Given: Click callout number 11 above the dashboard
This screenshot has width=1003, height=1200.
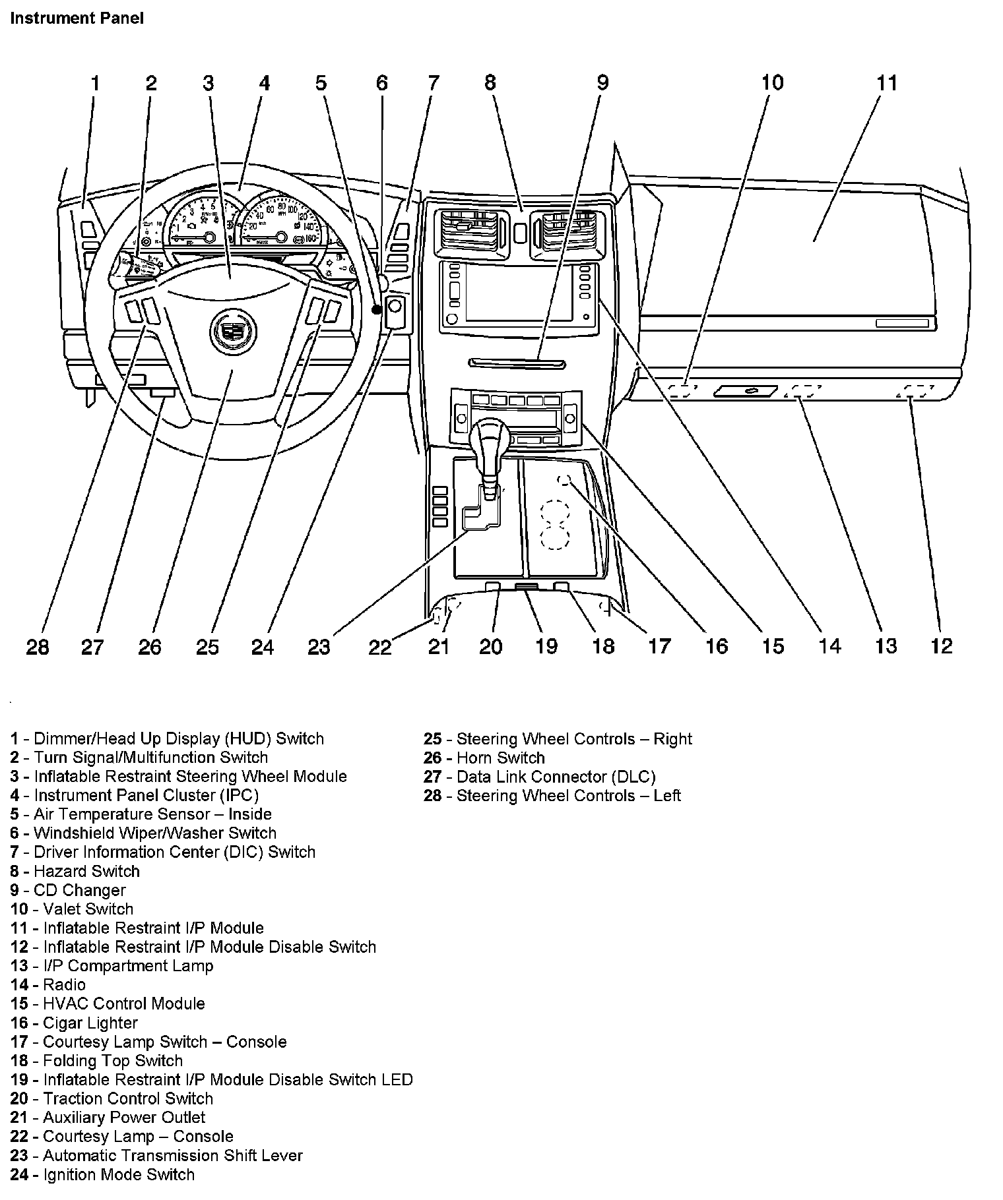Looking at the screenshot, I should click(887, 83).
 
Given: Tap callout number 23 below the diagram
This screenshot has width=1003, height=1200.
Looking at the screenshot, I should click(319, 647).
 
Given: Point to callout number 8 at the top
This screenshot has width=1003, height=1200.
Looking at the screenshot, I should click(490, 83).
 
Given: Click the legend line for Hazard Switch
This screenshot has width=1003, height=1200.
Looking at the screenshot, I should click(75, 871).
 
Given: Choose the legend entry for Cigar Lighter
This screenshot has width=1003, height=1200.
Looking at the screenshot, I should click(74, 1023).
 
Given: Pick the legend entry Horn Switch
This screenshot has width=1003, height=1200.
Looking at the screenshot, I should click(484, 758).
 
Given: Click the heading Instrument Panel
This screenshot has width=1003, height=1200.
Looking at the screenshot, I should click(77, 18).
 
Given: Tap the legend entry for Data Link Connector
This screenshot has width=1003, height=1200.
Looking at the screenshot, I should click(540, 777).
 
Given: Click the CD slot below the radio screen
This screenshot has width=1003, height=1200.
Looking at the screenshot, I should click(517, 363).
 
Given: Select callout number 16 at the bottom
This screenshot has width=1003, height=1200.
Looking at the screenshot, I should click(717, 646).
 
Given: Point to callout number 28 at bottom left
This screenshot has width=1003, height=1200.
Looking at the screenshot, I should click(38, 647).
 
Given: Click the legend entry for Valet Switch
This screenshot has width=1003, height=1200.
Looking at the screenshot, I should click(72, 909).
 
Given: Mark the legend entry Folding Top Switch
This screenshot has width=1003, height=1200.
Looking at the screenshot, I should click(96, 1061).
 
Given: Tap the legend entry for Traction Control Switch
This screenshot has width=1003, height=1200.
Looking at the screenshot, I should click(112, 1098).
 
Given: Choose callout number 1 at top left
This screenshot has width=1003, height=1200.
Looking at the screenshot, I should click(95, 83).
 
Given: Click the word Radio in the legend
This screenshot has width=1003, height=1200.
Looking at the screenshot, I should click(64, 985).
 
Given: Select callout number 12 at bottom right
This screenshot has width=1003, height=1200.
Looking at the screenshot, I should click(942, 646).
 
